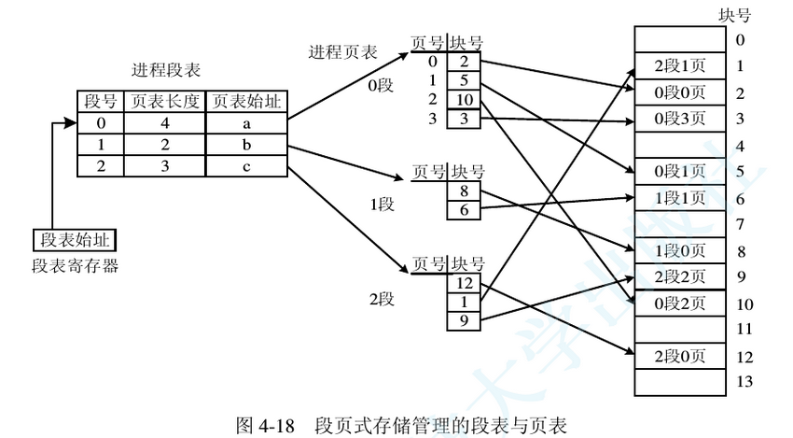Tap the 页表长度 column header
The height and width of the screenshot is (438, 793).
click(166, 102)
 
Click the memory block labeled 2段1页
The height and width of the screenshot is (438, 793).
click(680, 66)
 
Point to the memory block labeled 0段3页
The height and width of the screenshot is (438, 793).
click(680, 118)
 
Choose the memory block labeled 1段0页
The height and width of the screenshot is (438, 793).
click(680, 250)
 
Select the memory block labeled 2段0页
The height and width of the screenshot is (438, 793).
click(680, 355)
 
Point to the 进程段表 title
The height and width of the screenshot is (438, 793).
click(166, 71)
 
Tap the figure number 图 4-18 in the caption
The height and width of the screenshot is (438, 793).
click(266, 423)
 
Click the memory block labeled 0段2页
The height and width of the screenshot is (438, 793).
click(680, 303)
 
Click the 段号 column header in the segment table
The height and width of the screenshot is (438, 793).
click(101, 102)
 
